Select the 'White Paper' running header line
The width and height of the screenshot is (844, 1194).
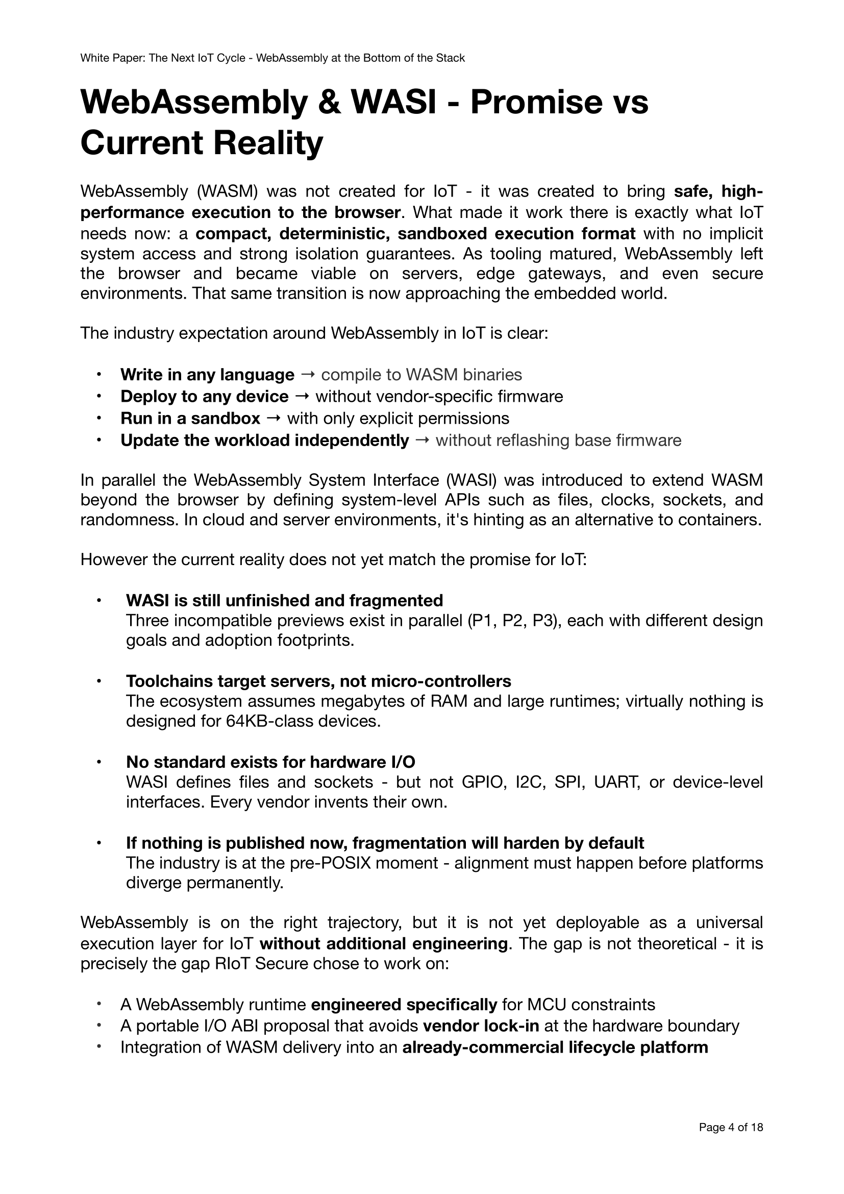click(272, 58)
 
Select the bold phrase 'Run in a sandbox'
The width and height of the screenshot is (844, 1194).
click(190, 418)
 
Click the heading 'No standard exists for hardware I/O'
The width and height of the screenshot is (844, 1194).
click(270, 762)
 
